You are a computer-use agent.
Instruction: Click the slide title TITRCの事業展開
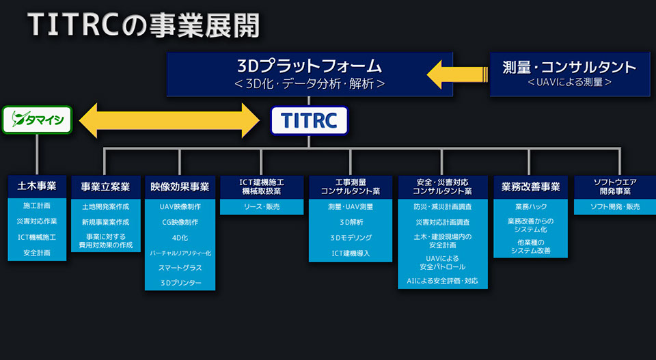point(143,25)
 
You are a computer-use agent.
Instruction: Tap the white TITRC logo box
point(309,120)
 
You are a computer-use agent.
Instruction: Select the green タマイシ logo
point(37,120)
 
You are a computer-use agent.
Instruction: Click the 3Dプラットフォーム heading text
point(310,66)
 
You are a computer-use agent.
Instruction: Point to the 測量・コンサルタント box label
point(569,67)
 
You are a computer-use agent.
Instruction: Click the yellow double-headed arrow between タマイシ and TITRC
point(169,120)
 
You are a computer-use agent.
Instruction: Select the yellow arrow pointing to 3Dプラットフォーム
point(457,74)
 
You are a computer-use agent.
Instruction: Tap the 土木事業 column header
point(37,186)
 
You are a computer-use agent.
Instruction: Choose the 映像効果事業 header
point(180,187)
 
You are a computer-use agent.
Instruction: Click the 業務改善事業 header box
point(530,187)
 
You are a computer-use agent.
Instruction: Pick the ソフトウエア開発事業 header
point(615,187)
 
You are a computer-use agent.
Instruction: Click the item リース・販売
point(262,206)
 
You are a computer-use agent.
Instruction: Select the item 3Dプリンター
point(180,283)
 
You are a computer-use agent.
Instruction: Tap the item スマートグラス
point(180,268)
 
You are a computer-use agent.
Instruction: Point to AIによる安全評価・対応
point(442,281)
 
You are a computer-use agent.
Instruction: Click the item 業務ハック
point(530,206)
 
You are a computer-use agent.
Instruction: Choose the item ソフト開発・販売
point(615,206)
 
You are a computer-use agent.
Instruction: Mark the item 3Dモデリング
point(351,238)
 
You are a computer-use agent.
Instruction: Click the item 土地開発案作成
point(105,206)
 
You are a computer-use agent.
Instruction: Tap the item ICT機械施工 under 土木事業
point(37,237)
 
